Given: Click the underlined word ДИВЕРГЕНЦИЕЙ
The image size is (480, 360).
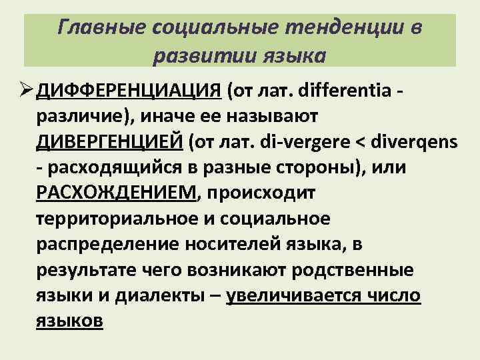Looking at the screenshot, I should pos(109,142).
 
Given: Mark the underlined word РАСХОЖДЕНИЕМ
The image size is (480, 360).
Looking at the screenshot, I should pos(117,193).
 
